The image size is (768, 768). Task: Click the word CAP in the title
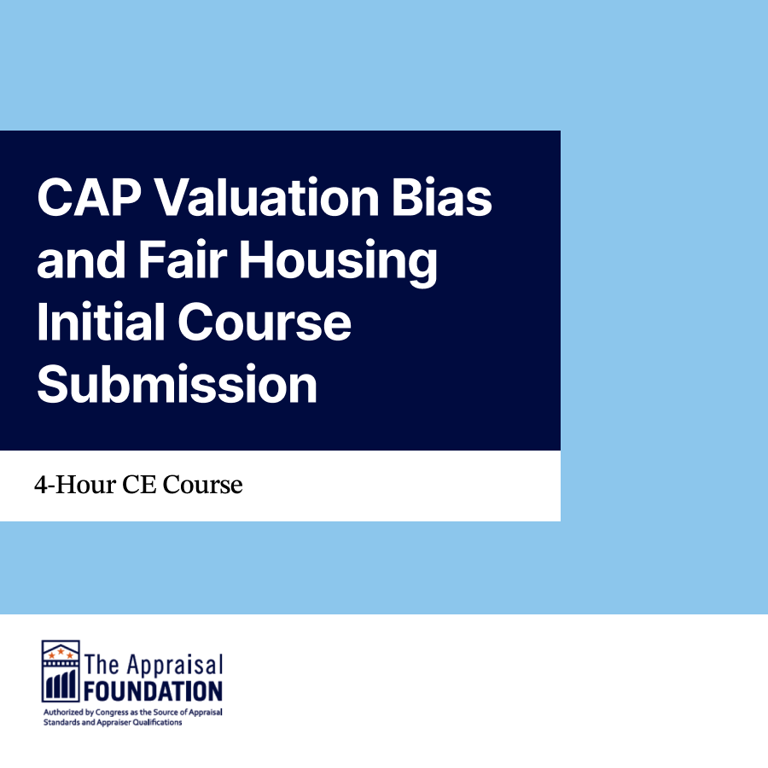tap(89, 197)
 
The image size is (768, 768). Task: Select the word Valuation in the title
tap(267, 197)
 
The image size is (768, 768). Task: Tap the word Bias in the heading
tap(442, 197)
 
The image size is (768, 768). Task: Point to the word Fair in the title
tap(183, 259)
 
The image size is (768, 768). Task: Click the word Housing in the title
tap(339, 263)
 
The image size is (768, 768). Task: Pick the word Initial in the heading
tap(101, 322)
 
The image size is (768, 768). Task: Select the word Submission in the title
tap(177, 384)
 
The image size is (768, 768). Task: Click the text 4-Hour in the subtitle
tap(74, 485)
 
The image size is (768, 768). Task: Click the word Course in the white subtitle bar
tap(202, 485)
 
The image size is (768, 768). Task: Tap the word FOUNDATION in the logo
tap(153, 690)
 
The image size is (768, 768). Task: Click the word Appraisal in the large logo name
tap(175, 665)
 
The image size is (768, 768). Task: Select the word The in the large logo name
tap(102, 664)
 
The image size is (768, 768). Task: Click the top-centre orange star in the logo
tap(61, 651)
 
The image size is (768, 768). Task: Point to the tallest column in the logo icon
tap(72, 684)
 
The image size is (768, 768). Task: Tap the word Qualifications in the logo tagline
tap(157, 723)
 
